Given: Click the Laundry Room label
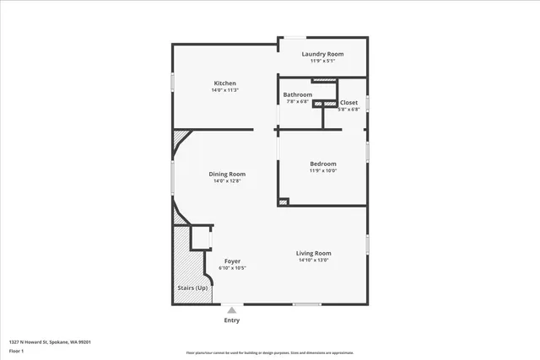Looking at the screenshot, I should pyautogui.click(x=323, y=54).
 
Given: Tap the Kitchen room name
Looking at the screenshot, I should pyautogui.click(x=224, y=83).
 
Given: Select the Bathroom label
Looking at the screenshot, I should pyautogui.click(x=297, y=94).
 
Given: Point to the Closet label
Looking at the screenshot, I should pyautogui.click(x=349, y=102).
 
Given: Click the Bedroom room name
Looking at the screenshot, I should pyautogui.click(x=323, y=164).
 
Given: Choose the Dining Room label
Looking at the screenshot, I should pyautogui.click(x=228, y=174).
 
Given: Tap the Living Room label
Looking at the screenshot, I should pyautogui.click(x=313, y=253).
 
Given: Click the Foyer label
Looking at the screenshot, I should pyautogui.click(x=231, y=261).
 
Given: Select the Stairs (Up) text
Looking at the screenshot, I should pyautogui.click(x=192, y=288).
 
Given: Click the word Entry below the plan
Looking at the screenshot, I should pyautogui.click(x=231, y=320).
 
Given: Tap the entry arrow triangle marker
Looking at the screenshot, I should pyautogui.click(x=231, y=310).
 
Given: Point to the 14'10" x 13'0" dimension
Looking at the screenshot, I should pyautogui.click(x=313, y=260).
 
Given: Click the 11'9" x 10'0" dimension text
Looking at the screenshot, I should pyautogui.click(x=323, y=170).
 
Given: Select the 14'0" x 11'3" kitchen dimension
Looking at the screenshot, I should pyautogui.click(x=224, y=90).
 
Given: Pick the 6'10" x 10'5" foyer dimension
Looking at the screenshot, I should pyautogui.click(x=231, y=268).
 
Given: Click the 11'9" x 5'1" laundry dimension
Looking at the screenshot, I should pyautogui.click(x=323, y=61).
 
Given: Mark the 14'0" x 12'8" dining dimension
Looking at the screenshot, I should pyautogui.click(x=228, y=180).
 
